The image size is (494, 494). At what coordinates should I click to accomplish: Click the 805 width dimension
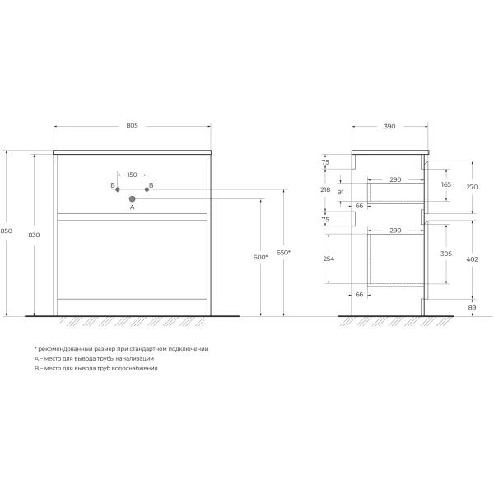click(132, 126)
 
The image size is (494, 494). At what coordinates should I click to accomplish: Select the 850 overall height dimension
click(7, 232)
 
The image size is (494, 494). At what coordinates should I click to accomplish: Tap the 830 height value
click(34, 235)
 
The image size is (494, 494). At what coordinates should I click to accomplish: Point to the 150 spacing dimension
click(132, 175)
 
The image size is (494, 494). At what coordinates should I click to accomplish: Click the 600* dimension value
click(260, 258)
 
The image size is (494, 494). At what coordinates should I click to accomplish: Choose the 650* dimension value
click(283, 251)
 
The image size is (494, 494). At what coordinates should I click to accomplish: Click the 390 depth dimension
click(389, 126)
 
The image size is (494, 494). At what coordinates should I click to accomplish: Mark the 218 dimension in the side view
click(325, 189)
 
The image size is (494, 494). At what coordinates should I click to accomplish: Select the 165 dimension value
click(447, 185)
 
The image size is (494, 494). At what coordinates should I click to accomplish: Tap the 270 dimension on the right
click(472, 188)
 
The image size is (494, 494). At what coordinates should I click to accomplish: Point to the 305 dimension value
click(447, 254)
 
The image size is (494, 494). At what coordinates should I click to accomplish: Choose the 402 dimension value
click(472, 260)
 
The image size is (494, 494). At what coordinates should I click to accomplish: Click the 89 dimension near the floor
click(472, 307)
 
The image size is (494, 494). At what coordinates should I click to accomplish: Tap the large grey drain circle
click(132, 198)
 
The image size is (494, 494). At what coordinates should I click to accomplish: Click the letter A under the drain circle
click(132, 208)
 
